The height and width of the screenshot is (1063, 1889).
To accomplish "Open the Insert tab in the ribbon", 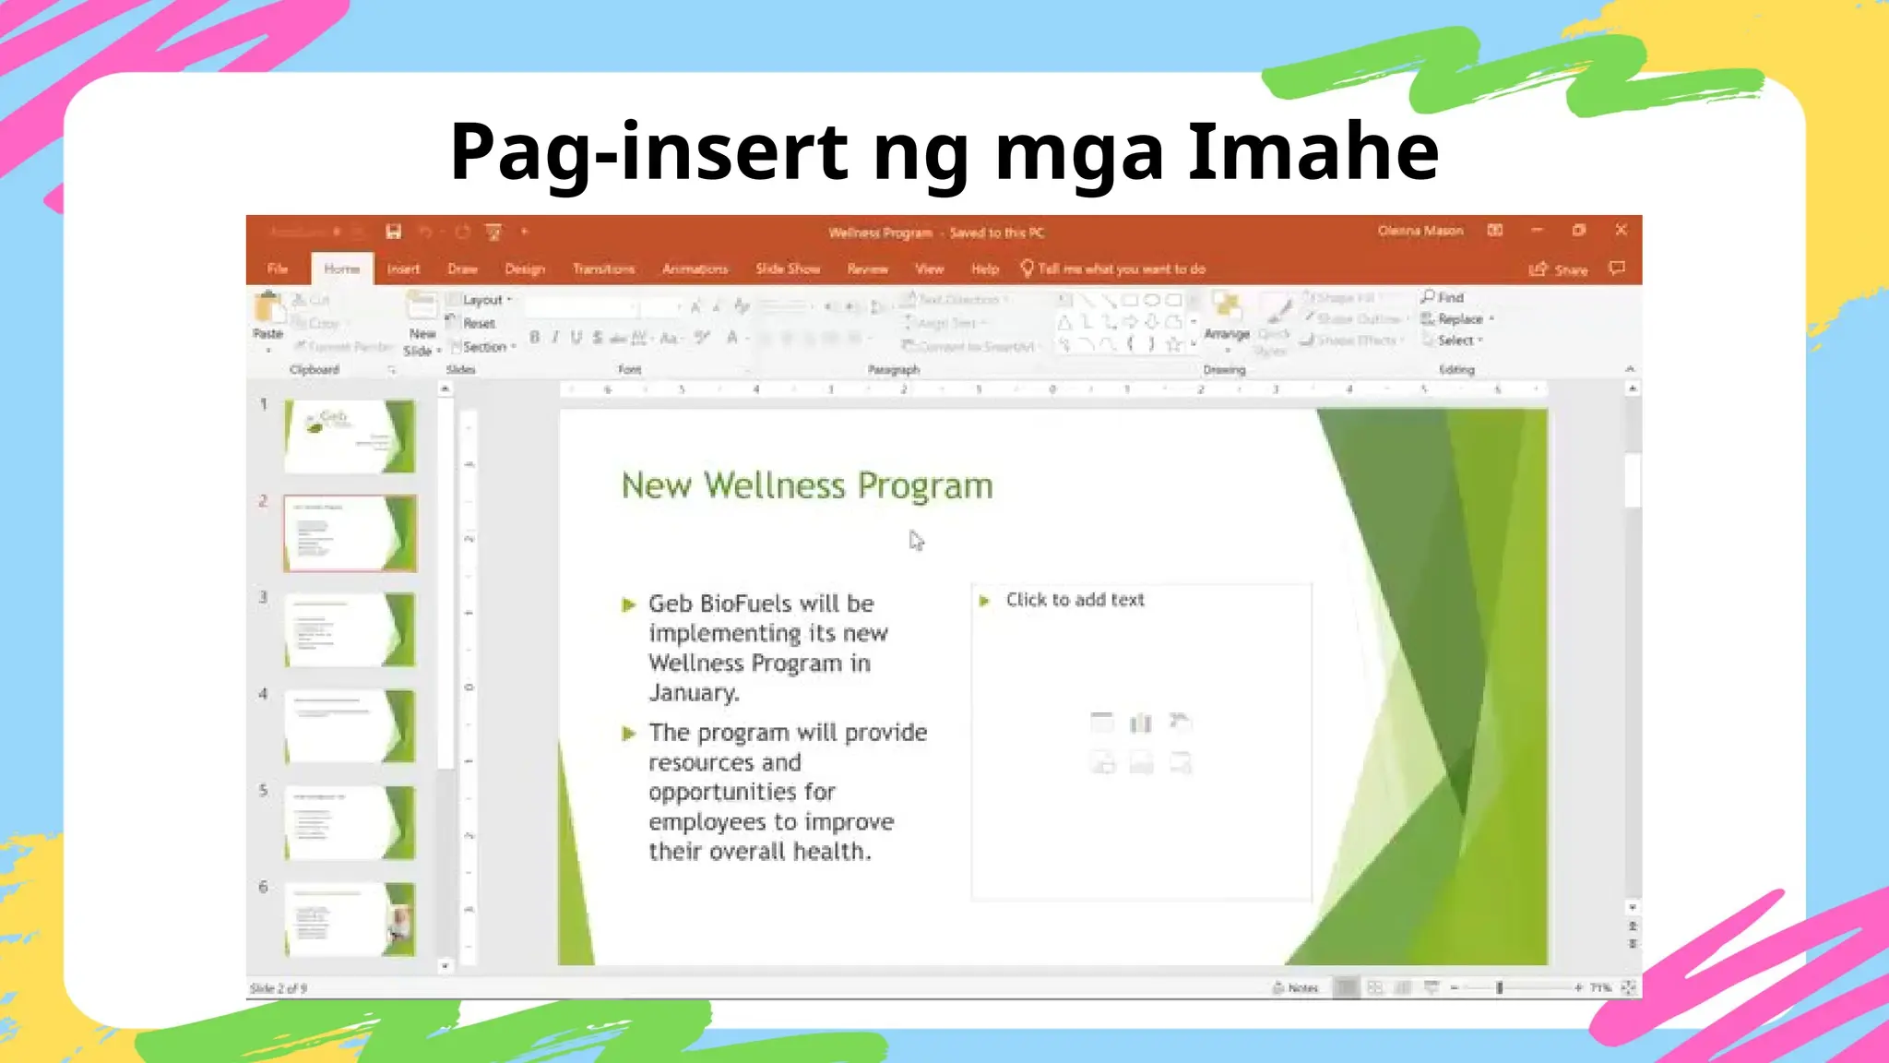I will (x=403, y=269).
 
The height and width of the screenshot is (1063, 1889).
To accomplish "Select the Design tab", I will (x=525, y=269).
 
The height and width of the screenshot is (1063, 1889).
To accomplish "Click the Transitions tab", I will (x=603, y=269).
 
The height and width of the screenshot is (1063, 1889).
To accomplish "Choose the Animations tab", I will (x=695, y=269).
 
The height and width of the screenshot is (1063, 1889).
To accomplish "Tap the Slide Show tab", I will (x=788, y=269).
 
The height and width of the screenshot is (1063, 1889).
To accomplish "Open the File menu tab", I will (x=278, y=269).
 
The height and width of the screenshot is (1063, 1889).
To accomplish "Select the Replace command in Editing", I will (x=1460, y=319).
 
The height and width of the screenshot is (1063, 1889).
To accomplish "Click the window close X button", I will (x=1621, y=230).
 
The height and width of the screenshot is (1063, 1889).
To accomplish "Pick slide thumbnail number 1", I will (x=350, y=436).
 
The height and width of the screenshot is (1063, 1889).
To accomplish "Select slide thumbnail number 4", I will (x=350, y=726).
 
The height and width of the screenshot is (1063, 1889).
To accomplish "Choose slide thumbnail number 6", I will (x=350, y=919).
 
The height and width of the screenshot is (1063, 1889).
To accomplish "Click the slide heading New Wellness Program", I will (x=807, y=485).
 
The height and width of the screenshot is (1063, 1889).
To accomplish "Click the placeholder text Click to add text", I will (x=1075, y=600).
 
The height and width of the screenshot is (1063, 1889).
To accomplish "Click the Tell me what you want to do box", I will (x=1121, y=269).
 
